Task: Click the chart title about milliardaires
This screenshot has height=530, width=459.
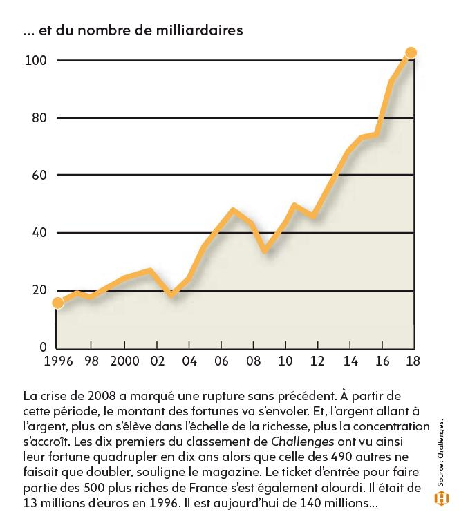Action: (x=133, y=30)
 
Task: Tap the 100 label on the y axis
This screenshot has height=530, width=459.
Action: (x=35, y=61)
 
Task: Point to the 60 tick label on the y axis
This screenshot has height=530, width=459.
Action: (x=39, y=175)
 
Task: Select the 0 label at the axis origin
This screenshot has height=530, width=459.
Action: (x=43, y=347)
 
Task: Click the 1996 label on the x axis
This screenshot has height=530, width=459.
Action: (x=58, y=361)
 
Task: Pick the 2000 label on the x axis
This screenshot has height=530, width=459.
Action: (x=124, y=361)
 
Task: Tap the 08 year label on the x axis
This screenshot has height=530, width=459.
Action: (x=253, y=361)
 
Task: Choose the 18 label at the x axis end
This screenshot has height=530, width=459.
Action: (x=413, y=361)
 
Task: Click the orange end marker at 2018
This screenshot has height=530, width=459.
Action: (x=411, y=53)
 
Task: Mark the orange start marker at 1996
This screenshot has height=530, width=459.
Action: (x=58, y=303)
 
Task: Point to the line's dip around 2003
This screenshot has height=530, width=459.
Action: (x=171, y=294)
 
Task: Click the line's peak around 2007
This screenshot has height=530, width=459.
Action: (x=233, y=210)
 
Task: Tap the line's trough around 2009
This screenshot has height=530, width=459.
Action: (x=265, y=250)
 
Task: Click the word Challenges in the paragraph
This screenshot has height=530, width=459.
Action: (x=302, y=442)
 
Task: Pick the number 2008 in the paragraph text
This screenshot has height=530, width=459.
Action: (x=102, y=396)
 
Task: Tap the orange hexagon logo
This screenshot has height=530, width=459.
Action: (x=442, y=499)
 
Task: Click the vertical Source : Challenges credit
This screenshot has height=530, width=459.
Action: (x=441, y=453)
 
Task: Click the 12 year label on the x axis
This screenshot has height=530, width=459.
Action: (x=317, y=361)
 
